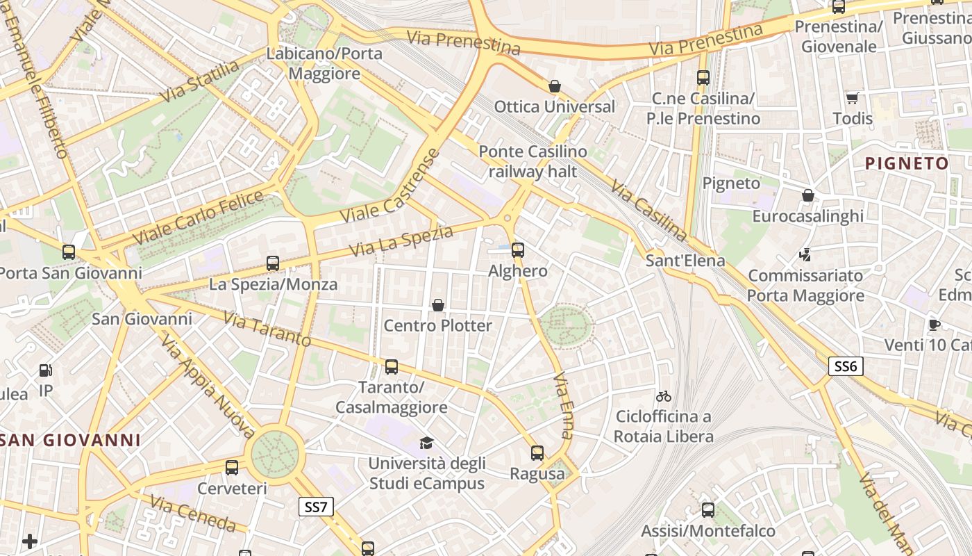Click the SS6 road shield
coord(845,366)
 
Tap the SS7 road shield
coord(316,507)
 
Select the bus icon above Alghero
coord(518,250)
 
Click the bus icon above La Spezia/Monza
coord(273,263)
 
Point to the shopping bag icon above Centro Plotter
coord(438,304)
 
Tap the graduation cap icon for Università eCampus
coord(426,443)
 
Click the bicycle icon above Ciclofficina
coord(664,396)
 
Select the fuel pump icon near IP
coord(46,370)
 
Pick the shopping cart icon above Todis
coord(852,98)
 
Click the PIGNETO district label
coord(907,164)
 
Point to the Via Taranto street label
coord(267,329)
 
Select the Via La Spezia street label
coord(401,240)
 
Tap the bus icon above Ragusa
coord(537,453)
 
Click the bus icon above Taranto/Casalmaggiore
coord(392,366)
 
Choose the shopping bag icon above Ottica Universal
coord(554,86)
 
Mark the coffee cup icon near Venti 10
coord(935,324)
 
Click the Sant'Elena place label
coord(685,261)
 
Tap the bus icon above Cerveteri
coord(232,468)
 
